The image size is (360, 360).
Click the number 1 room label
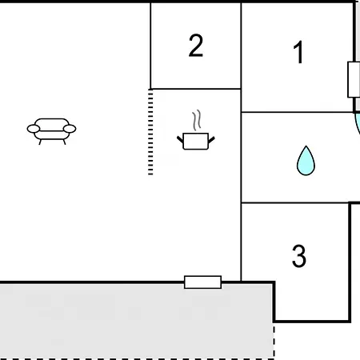pyautogui.click(x=298, y=52)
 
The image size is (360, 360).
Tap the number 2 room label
pyautogui.click(x=196, y=46)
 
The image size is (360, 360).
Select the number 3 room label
pyautogui.click(x=299, y=256)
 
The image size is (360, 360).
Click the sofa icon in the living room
pyautogui.click(x=51, y=131)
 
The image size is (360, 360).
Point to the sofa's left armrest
pyautogui.click(x=34, y=129)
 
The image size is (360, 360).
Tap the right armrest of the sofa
pyautogui.click(x=70, y=129)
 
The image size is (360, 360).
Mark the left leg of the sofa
pyautogui.click(x=40, y=142)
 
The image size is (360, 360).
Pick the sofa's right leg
pyautogui.click(x=64, y=142)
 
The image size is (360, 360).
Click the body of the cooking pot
pyautogui.click(x=196, y=141)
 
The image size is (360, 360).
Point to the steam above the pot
pyautogui.click(x=197, y=120)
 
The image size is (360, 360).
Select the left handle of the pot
pyautogui.click(x=180, y=139)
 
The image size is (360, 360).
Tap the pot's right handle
pyautogui.click(x=211, y=140)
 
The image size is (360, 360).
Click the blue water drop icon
pyautogui.click(x=306, y=161)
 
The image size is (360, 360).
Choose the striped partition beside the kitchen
pyautogui.click(x=150, y=132)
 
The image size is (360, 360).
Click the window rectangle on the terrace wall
pyautogui.click(x=203, y=282)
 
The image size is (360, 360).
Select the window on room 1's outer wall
pyautogui.click(x=354, y=79)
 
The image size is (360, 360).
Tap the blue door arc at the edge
pyautogui.click(x=357, y=124)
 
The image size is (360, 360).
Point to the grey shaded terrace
pyautogui.click(x=136, y=321)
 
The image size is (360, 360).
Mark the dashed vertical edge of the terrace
pyautogui.click(x=274, y=341)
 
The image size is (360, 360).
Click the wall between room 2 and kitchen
pyautogui.click(x=196, y=89)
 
